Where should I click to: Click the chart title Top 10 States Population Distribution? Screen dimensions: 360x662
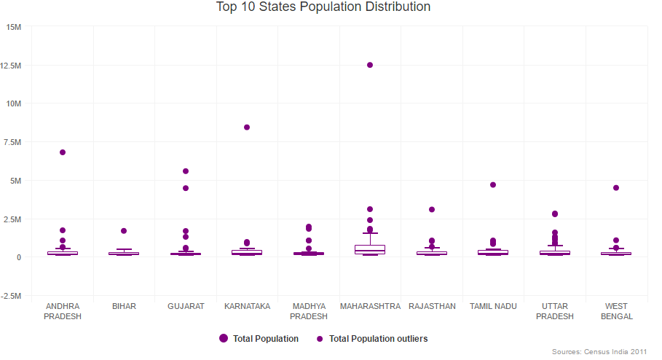[x=323, y=7]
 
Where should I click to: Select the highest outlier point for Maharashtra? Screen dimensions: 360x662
[x=370, y=65]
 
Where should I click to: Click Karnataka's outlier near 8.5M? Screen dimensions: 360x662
[x=247, y=127]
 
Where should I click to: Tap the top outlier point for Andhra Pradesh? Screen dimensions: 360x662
[x=63, y=152]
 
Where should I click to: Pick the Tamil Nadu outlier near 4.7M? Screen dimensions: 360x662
[x=493, y=185]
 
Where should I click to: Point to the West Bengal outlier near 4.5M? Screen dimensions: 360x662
[x=616, y=188]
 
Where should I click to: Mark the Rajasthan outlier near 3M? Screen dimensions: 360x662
[x=432, y=209]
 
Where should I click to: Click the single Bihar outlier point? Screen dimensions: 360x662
[x=124, y=231]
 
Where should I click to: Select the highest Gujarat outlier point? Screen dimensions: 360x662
[x=186, y=171]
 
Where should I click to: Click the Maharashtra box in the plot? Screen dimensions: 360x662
[x=370, y=249]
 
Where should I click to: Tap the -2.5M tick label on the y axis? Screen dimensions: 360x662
[x=13, y=296]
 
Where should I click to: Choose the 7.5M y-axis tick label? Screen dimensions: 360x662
[x=15, y=142]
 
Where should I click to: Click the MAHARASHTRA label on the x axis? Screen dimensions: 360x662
[x=370, y=307]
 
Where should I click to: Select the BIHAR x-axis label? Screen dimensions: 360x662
[x=124, y=307]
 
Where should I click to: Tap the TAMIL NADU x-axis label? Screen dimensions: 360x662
[x=493, y=307]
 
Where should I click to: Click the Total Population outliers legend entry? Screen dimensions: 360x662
[x=377, y=339]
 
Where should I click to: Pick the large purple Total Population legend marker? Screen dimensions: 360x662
[x=224, y=339]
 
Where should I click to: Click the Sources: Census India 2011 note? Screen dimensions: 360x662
[x=599, y=352]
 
